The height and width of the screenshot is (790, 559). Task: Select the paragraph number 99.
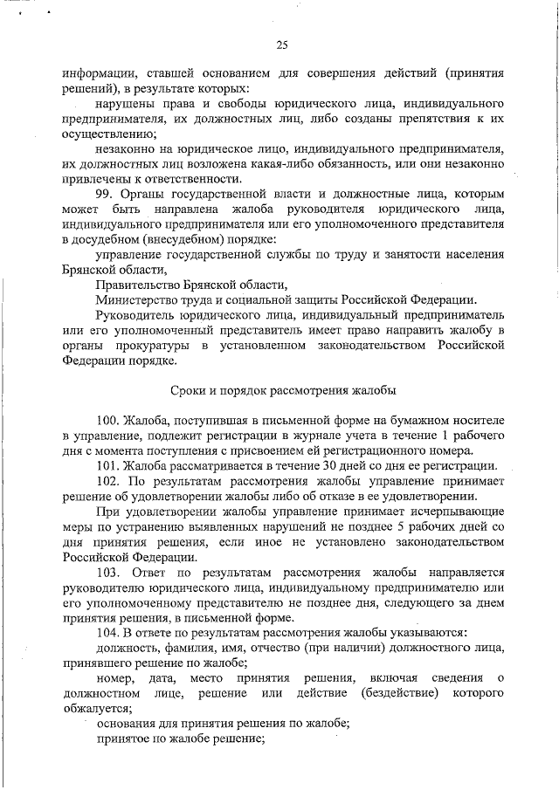point(106,193)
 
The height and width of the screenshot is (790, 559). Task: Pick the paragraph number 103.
point(108,572)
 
